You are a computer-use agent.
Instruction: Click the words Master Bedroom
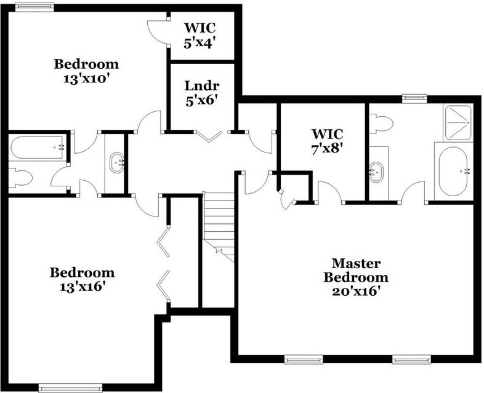[356, 269]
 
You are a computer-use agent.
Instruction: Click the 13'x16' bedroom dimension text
[82, 287]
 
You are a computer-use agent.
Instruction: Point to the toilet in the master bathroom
[382, 124]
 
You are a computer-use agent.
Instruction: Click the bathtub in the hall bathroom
[38, 148]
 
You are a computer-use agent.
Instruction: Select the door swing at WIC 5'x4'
[158, 32]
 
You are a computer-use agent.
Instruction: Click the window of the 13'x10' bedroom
[34, 7]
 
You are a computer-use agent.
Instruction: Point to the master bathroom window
[414, 97]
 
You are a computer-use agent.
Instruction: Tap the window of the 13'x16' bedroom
[70, 388]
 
